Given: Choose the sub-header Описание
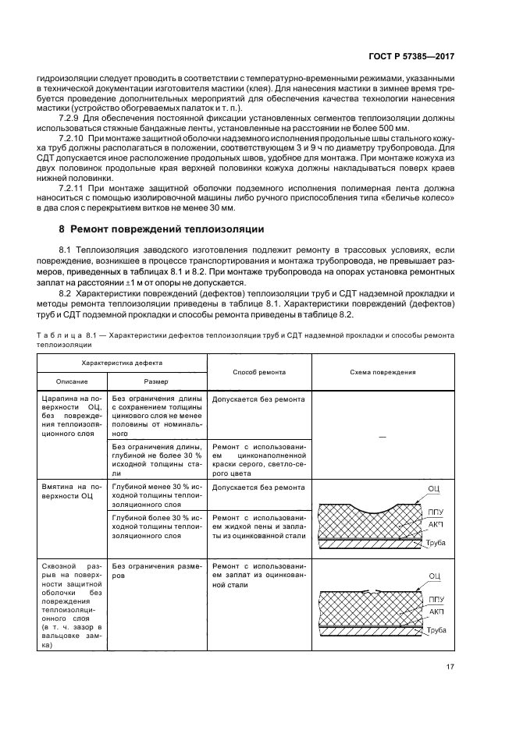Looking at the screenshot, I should tap(72, 381).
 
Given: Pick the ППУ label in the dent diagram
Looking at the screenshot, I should tap(436, 512).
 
